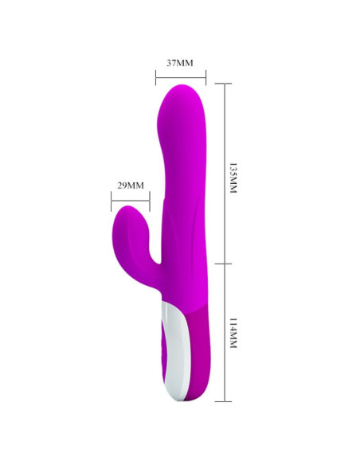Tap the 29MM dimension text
130,186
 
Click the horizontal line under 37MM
181,78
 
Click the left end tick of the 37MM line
155,78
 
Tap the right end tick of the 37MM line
206,78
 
